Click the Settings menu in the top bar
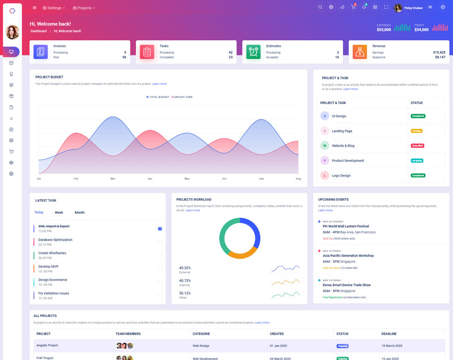point(54,8)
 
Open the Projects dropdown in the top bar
point(84,8)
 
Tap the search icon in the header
point(320,7)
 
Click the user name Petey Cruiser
point(413,8)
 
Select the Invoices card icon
point(41,52)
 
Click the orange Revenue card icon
point(360,52)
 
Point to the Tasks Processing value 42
point(230,52)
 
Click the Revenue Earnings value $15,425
point(439,52)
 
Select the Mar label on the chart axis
point(113,179)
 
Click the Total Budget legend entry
point(158,97)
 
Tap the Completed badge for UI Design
point(418,116)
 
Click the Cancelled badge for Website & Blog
point(417,145)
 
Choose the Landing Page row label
point(342,131)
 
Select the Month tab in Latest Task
point(79,212)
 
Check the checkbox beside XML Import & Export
point(160,229)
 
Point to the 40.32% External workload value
point(185,268)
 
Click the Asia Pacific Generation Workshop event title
point(356,255)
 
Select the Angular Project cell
point(48,345)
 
